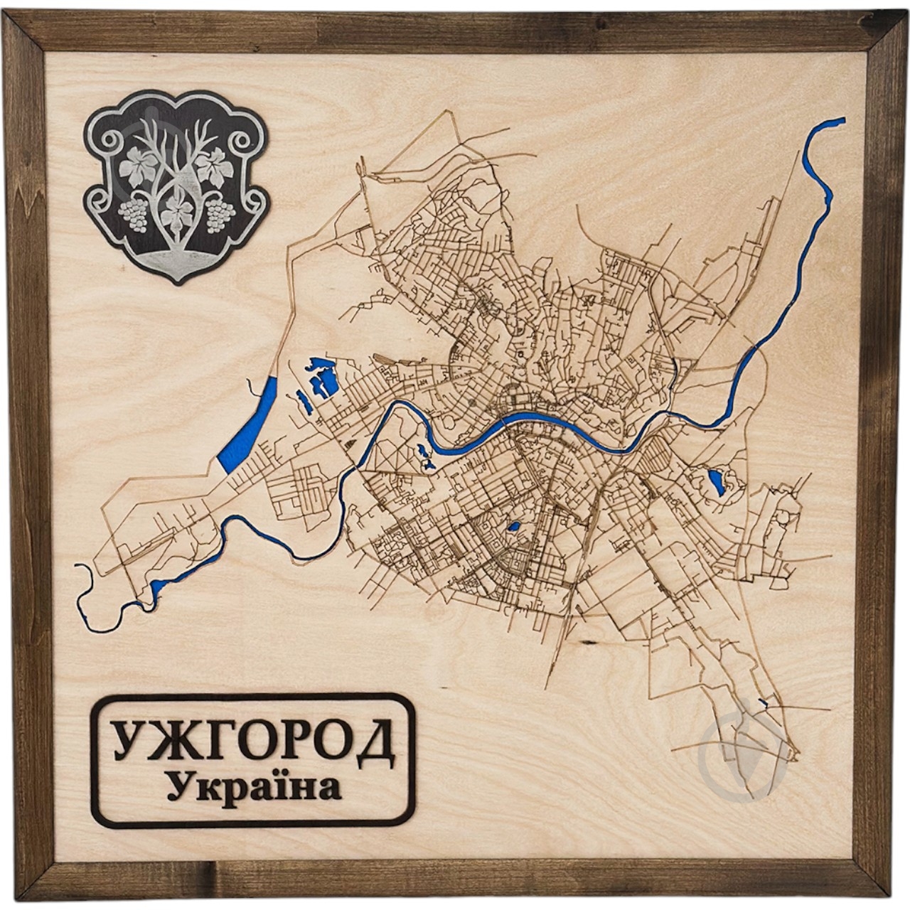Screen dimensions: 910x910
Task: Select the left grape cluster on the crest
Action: [x=133, y=214]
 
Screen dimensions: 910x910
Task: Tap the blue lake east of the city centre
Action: [x=715, y=481]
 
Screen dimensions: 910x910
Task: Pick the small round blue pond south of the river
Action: [x=513, y=528]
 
